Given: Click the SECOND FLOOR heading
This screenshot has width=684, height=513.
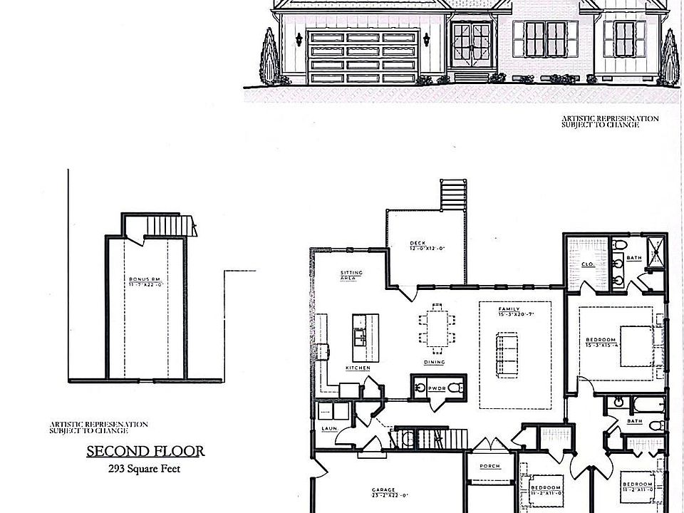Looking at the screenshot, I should [x=145, y=450].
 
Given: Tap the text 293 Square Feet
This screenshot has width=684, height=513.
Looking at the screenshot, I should [x=145, y=468].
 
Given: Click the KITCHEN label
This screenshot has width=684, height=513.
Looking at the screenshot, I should [x=358, y=368].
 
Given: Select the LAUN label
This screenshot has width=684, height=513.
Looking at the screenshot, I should [x=328, y=428].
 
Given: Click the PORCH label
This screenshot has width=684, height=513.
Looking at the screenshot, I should [x=489, y=466].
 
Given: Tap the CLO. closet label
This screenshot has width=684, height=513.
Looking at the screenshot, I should [x=589, y=264].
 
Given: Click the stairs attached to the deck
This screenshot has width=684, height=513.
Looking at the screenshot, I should [x=453, y=195].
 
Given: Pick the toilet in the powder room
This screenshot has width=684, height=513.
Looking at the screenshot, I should [x=457, y=388].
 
